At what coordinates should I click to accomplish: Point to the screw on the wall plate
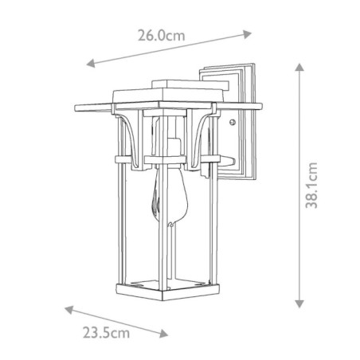(x=231, y=123)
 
